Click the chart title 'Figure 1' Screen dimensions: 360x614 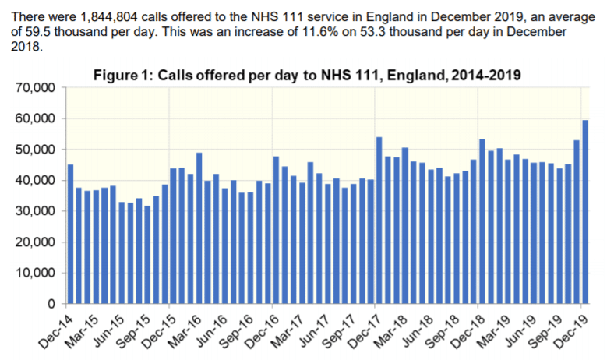coord(307,76)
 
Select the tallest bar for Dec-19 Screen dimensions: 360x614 coord(584,211)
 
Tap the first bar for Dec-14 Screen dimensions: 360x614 coord(71,234)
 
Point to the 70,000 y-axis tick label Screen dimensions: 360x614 coord(34,88)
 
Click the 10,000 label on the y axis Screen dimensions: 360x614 coord(34,273)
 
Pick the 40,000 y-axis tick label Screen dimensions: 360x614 coord(34,180)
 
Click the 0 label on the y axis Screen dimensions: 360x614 coord(51,304)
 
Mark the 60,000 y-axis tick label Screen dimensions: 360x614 coord(34,118)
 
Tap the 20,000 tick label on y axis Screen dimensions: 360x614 coord(34,242)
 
